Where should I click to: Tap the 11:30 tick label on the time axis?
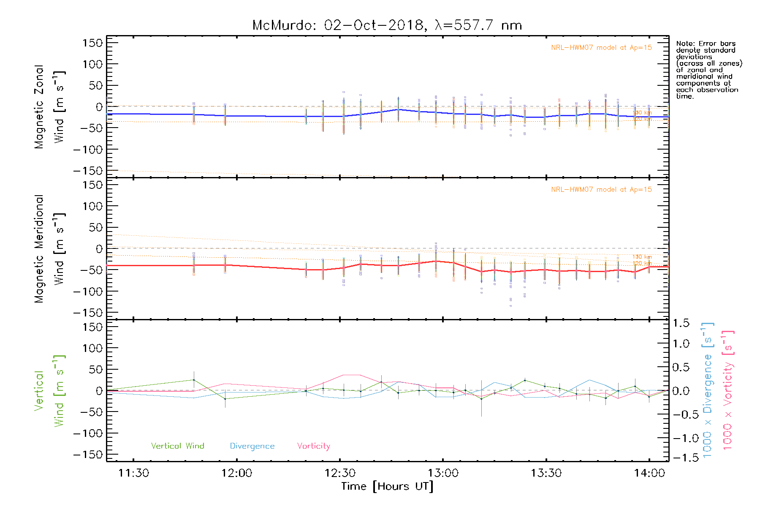point(133,473)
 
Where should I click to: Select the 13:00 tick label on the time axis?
point(443,473)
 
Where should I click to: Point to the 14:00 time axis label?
point(649,473)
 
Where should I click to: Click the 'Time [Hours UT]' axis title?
point(387,487)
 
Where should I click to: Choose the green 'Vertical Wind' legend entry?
point(177,446)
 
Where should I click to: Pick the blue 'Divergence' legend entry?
point(252,446)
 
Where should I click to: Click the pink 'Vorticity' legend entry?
point(313,446)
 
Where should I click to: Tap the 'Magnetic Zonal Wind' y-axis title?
point(50,106)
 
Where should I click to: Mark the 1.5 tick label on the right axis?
point(681,323)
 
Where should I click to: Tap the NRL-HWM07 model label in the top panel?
point(601,48)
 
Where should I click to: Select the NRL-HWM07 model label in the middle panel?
point(601,190)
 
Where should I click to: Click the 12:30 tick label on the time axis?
point(340,473)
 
